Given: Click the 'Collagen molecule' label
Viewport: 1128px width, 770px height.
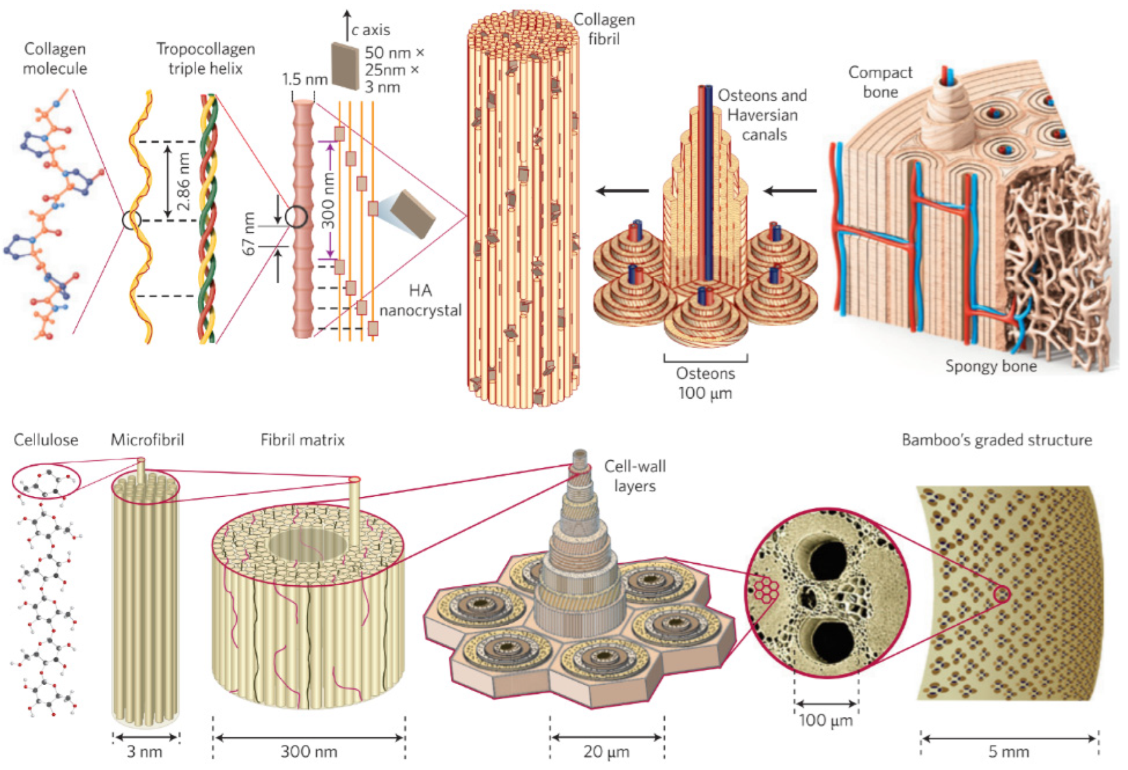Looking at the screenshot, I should tap(55, 58).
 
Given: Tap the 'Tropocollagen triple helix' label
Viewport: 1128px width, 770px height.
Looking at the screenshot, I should tap(205, 58).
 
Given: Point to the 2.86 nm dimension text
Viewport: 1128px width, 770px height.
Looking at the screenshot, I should tap(183, 182).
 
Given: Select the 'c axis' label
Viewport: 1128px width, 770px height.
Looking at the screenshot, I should tap(370, 30).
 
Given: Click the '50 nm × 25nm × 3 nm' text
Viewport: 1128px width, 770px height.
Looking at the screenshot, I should tap(394, 69).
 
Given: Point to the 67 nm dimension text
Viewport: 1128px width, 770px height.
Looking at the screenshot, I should tap(249, 234).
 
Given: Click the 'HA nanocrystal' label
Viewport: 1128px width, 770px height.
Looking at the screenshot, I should tap(420, 300).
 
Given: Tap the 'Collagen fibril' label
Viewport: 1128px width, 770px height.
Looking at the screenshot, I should tap(604, 29).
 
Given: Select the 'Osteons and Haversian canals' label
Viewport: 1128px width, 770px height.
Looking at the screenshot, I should tap(762, 115).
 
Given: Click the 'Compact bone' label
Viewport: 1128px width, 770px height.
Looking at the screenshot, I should tap(880, 82).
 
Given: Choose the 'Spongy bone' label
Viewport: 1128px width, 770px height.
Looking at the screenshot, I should tap(990, 366).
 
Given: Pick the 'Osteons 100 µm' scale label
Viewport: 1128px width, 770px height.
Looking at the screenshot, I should tap(705, 383).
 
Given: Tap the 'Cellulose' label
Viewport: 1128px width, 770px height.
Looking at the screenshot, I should tap(46, 440).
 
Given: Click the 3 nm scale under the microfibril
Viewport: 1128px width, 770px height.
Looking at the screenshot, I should tap(145, 751).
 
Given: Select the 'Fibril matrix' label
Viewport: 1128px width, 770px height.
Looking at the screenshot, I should tap(302, 440).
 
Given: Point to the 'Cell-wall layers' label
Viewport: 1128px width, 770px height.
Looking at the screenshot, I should tap(635, 476).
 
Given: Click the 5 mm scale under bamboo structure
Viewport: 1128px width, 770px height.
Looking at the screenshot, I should tap(1008, 751).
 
